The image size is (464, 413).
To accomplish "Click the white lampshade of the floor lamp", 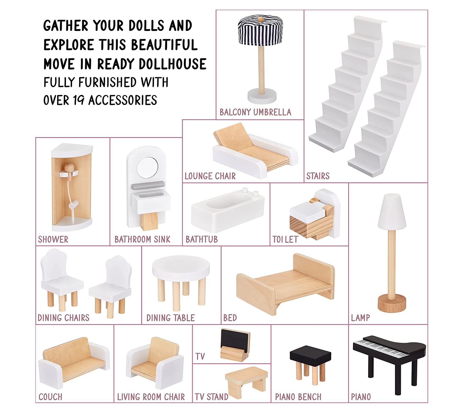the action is tap(392, 211).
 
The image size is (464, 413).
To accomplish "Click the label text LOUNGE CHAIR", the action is tap(210, 176).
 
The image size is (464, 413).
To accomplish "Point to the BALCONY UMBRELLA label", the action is tap(255, 112).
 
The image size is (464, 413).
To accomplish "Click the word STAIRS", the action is tap(318, 176).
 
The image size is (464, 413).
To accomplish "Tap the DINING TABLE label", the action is tap(170, 318).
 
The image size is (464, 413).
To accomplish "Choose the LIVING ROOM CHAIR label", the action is tap(151, 397).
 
